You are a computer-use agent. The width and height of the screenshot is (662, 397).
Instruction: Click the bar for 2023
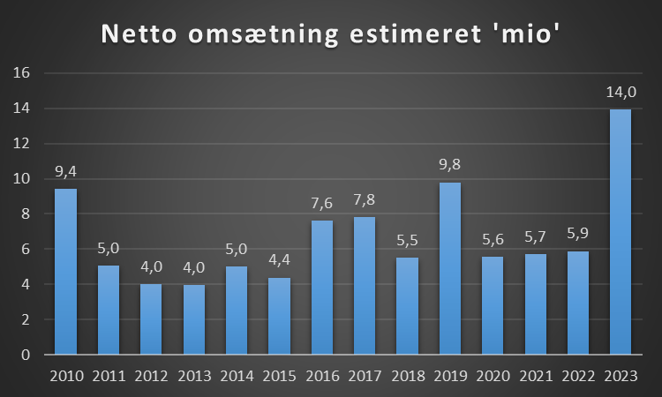click(x=621, y=231)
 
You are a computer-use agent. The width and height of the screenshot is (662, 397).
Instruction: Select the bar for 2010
click(x=66, y=272)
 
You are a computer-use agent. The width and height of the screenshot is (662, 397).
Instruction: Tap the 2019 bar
click(x=450, y=268)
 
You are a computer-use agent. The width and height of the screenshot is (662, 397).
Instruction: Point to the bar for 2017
click(x=365, y=286)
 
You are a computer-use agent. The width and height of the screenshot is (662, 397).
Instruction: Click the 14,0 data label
click(x=621, y=91)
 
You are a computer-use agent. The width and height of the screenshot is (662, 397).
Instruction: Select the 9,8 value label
click(x=450, y=165)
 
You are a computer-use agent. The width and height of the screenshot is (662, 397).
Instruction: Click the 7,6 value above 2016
click(x=322, y=203)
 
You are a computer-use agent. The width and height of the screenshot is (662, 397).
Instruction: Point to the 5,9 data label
click(x=578, y=234)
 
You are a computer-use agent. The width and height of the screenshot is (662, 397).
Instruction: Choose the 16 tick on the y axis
click(x=23, y=73)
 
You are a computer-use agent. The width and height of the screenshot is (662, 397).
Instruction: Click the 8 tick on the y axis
click(x=26, y=214)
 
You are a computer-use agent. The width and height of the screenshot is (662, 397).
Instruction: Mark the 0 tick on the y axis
click(x=26, y=355)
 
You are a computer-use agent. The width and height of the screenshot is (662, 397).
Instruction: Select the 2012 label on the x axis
click(x=152, y=377)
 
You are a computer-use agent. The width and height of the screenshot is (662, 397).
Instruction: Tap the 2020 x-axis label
click(x=493, y=377)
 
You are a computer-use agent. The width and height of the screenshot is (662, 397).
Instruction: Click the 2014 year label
click(x=237, y=377)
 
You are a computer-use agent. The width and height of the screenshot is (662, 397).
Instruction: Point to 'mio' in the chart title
click(x=530, y=35)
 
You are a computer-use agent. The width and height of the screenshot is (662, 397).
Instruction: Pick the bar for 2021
click(x=536, y=304)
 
